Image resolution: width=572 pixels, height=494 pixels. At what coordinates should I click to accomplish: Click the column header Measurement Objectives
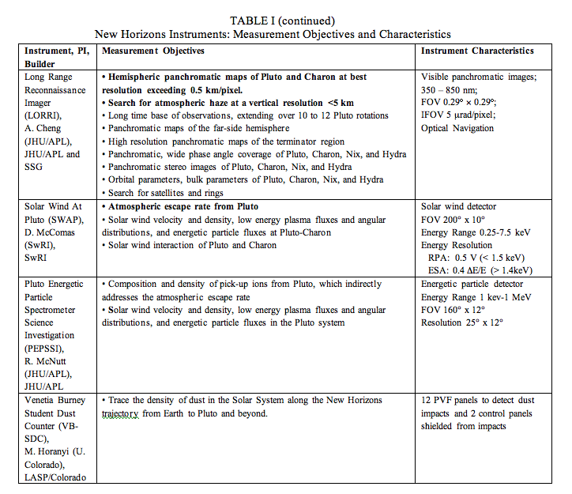153,51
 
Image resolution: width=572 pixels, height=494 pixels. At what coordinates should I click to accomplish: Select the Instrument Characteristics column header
477,51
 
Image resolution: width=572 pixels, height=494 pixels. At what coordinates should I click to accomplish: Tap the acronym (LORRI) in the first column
45,115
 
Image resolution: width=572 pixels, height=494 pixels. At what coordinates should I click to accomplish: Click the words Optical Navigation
457,128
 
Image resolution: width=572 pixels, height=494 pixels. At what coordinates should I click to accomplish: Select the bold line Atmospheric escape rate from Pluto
181,206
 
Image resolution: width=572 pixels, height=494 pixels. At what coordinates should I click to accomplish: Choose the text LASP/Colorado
59,477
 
